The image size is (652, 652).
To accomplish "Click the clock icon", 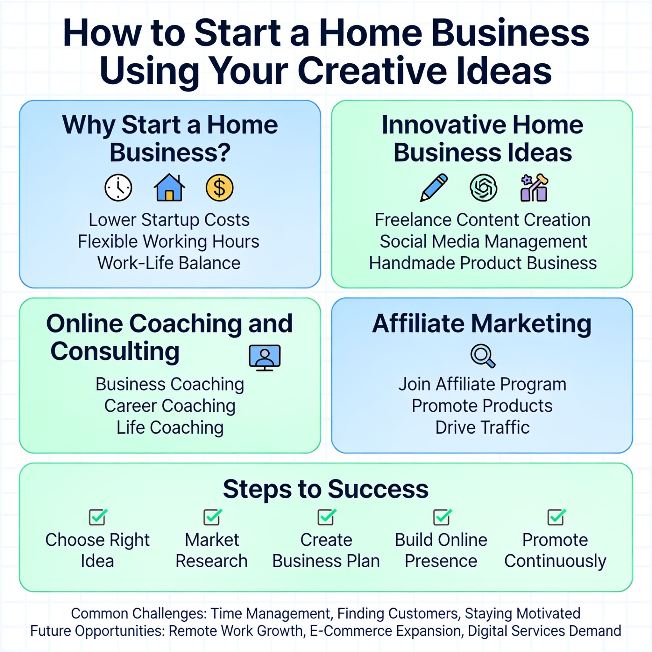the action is (118, 188).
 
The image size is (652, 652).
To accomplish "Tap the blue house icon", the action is (169, 188).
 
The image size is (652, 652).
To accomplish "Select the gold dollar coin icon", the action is (219, 188).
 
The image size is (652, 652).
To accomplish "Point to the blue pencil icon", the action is (434, 188).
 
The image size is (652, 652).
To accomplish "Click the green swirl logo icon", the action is (483, 188).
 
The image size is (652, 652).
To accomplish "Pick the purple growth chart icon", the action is (534, 188).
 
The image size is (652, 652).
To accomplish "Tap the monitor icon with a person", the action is (265, 358).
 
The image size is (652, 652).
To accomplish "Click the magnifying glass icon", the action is (483, 355).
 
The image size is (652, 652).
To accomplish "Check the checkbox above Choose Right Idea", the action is (98, 517).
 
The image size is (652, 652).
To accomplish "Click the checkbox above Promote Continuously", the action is (556, 517).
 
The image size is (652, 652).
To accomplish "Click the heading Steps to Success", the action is (326, 489).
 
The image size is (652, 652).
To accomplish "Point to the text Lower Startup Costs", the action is (169, 220).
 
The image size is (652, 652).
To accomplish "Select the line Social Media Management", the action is (483, 242).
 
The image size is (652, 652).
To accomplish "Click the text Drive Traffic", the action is (483, 427).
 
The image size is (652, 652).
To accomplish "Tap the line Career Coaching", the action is (170, 406).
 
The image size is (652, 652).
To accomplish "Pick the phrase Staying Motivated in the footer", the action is (522, 613).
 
